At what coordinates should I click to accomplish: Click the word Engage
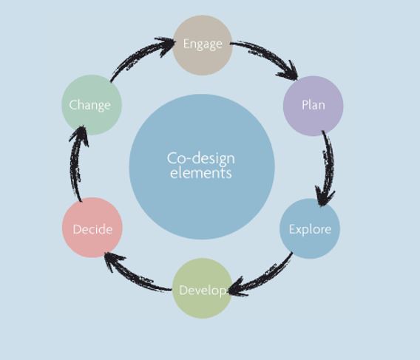click(x=203, y=44)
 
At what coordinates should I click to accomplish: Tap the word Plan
click(x=314, y=105)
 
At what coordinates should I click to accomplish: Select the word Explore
click(x=310, y=230)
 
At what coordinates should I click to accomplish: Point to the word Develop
click(x=203, y=291)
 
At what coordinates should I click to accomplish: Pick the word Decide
click(x=92, y=230)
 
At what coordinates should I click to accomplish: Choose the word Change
click(x=89, y=105)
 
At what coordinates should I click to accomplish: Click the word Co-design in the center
click(x=201, y=159)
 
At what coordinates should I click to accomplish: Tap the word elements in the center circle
click(x=201, y=173)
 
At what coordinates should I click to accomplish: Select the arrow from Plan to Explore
click(x=329, y=166)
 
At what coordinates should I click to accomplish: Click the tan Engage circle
click(x=203, y=45)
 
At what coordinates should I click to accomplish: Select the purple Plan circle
click(x=314, y=106)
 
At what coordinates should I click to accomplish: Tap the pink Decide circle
click(x=92, y=228)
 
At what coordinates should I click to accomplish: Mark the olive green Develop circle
click(x=202, y=288)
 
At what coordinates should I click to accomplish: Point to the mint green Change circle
click(x=92, y=105)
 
